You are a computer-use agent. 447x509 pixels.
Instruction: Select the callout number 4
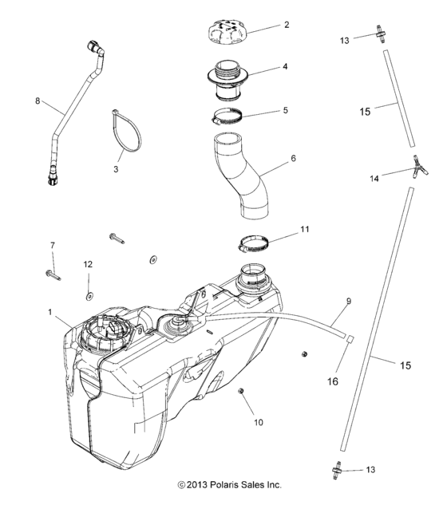(x=286, y=69)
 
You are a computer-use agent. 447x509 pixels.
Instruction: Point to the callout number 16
(x=333, y=382)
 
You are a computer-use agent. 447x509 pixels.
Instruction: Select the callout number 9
(x=348, y=302)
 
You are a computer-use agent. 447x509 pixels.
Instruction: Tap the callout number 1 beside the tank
(x=51, y=311)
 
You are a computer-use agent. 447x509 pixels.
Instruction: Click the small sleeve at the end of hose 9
(x=348, y=339)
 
